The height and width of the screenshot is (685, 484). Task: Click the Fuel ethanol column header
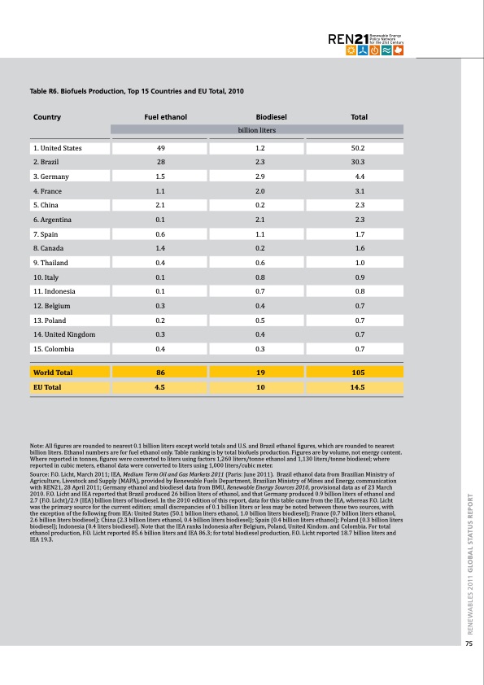point(165,117)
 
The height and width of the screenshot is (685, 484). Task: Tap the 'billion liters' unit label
point(257,129)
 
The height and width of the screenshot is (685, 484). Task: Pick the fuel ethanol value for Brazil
point(161,162)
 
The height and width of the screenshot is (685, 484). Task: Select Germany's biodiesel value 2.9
point(261,177)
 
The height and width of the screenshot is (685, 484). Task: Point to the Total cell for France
point(358,190)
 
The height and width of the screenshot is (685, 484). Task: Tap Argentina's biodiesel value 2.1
point(261,220)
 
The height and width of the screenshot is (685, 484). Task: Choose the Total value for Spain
point(358,234)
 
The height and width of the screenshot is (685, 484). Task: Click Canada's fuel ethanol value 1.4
point(160,248)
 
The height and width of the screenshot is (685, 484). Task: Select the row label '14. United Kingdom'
point(64,334)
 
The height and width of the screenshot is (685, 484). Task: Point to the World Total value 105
point(358,373)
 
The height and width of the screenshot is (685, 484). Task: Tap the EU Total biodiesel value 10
point(261,387)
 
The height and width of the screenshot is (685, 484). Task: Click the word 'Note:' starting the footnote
point(37,443)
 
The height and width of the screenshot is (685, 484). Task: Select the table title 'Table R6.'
point(46,91)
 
